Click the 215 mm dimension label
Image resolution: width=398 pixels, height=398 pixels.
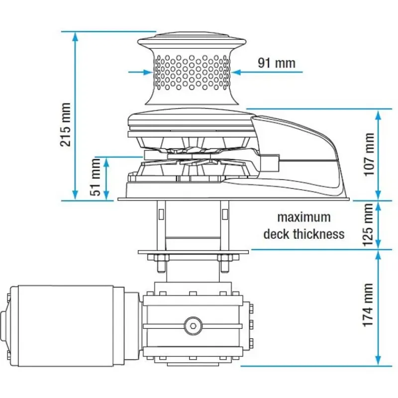tap(65, 124)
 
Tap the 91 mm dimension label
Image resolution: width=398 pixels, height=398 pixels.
tap(277, 63)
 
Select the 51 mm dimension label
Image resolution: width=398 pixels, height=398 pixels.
tap(96, 177)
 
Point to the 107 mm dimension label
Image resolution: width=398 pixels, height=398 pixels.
tap(369, 154)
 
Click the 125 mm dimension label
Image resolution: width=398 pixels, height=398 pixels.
tap(368, 225)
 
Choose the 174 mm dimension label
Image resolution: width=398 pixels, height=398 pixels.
tap(368, 305)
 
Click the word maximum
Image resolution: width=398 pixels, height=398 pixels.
tap(304, 217)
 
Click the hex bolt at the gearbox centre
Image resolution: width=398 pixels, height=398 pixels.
tap(193, 326)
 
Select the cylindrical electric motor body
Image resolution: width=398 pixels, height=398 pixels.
tap(66, 326)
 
